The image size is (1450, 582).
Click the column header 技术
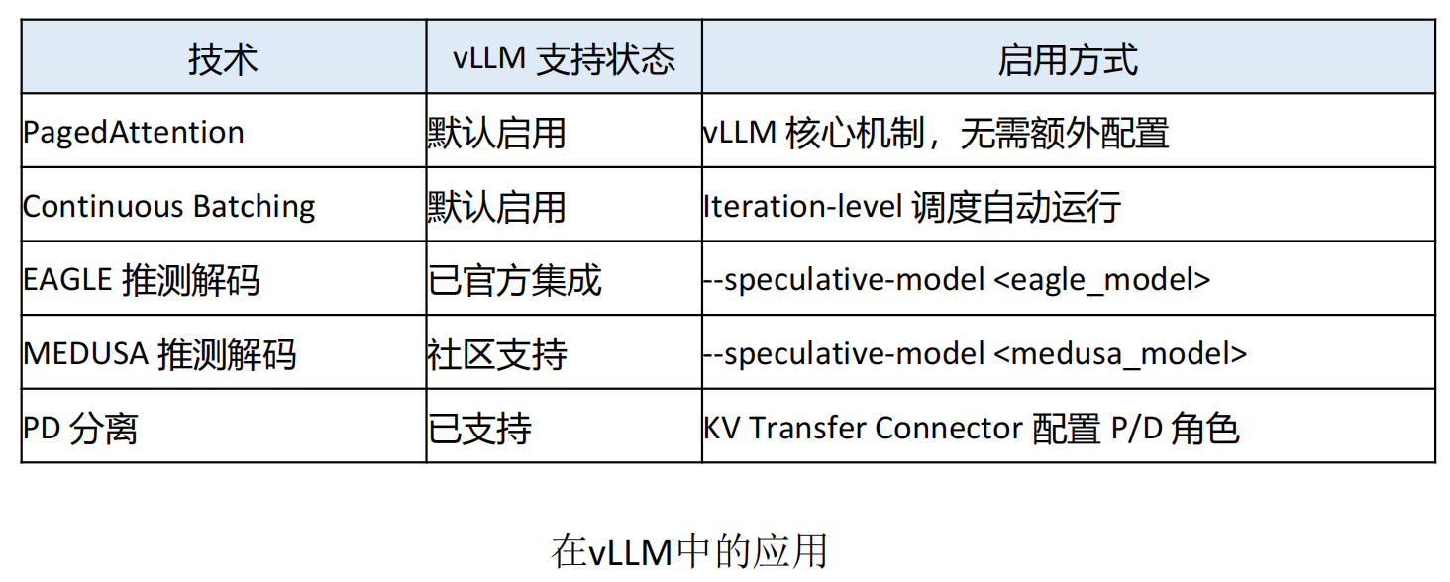[223, 59]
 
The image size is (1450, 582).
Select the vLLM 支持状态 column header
[564, 59]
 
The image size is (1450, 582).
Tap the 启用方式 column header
[1068, 59]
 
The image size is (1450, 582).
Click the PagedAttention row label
[134, 133]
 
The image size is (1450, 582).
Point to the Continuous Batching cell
[169, 206]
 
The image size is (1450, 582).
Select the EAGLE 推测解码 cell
[141, 280]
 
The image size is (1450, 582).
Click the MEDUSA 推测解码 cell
[159, 353]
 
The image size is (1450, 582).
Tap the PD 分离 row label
[80, 428]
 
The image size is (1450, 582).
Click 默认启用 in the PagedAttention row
[496, 133]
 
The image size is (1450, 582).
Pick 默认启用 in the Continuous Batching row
[496, 206]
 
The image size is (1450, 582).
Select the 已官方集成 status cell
[514, 280]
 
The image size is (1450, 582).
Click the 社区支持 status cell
[496, 353]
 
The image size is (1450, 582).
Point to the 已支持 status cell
[479, 428]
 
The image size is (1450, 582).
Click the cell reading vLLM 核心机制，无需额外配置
[936, 133]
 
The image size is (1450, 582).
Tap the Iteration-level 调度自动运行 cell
[912, 206]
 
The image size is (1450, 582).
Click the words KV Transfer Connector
[863, 428]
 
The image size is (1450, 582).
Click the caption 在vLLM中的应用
[689, 551]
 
